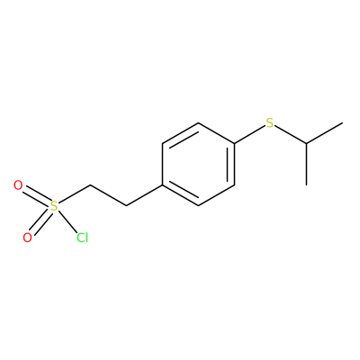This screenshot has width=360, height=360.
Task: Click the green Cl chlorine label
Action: tap(82, 238)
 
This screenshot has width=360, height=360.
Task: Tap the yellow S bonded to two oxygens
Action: tap(54, 206)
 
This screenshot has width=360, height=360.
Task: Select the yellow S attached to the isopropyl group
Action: tap(270, 123)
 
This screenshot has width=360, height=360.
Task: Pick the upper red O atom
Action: tap(18, 185)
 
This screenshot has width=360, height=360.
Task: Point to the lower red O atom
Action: tap(27, 238)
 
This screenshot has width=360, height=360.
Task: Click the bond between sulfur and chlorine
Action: tap(67, 221)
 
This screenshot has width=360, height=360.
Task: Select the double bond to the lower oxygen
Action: tap(40, 221)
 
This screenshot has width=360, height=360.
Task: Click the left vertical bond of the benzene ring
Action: tap(162, 165)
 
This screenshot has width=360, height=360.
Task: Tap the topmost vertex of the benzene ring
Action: tap(198, 122)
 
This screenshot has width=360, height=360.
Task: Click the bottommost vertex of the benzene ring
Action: tap(198, 206)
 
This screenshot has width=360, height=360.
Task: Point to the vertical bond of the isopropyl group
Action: tap(306, 164)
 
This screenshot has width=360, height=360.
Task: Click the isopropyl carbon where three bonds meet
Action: tap(306, 143)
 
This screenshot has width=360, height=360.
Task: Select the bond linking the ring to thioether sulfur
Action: tap(250, 135)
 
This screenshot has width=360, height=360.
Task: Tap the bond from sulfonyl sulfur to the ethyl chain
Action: tap(74, 195)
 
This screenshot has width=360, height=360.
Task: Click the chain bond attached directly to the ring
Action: tap(144, 195)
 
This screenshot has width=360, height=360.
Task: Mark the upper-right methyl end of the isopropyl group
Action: tap(342, 122)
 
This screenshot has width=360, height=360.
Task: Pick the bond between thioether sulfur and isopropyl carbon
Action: tap(291, 134)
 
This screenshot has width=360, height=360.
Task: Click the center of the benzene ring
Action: tap(198, 165)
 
